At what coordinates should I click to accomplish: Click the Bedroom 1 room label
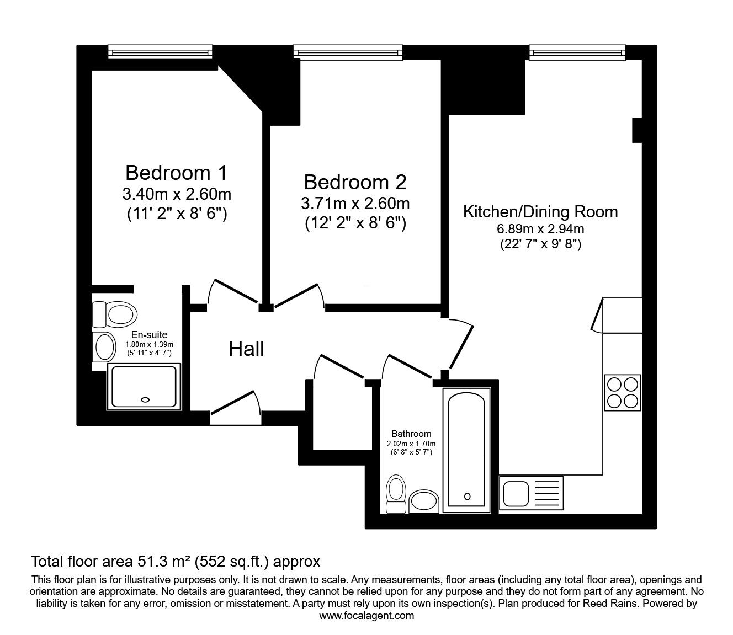point(176,173)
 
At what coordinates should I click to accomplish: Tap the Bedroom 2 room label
point(355,182)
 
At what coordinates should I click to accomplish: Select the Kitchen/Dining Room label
point(540,212)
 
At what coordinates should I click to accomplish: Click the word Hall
point(246,349)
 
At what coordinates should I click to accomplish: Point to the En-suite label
point(149,335)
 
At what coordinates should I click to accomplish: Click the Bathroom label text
point(411,434)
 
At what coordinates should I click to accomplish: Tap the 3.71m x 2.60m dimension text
point(355,204)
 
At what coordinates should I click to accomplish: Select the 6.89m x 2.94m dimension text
point(540,229)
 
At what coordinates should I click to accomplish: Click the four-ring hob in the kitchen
point(623,392)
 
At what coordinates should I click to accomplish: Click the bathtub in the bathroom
point(467,448)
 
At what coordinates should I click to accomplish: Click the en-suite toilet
point(115,314)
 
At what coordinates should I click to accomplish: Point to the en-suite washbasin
point(104,346)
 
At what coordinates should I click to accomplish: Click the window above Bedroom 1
point(160,52)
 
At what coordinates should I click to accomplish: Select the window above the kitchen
point(578,52)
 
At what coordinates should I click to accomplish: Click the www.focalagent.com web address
point(366,616)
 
